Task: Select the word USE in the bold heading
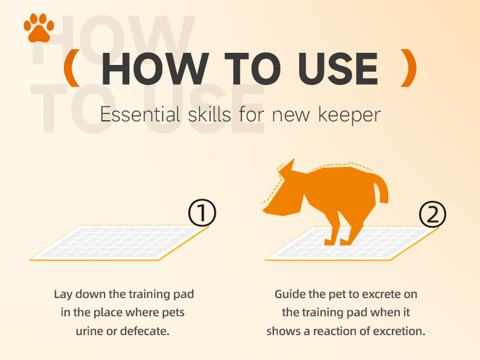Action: pyautogui.click(x=338, y=69)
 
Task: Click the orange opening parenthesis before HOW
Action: pyautogui.click(x=72, y=68)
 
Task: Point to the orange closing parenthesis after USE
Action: pyautogui.click(x=409, y=68)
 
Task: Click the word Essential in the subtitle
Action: pyautogui.click(x=140, y=115)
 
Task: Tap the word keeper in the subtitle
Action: pyautogui.click(x=349, y=115)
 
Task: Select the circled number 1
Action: pyautogui.click(x=202, y=213)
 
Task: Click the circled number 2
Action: pyautogui.click(x=432, y=214)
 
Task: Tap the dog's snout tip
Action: pyautogui.click(x=265, y=211)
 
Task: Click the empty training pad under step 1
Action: pyautogui.click(x=119, y=243)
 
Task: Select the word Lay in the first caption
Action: pyautogui.click(x=64, y=294)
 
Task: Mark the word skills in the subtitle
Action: pyautogui.click(x=210, y=115)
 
